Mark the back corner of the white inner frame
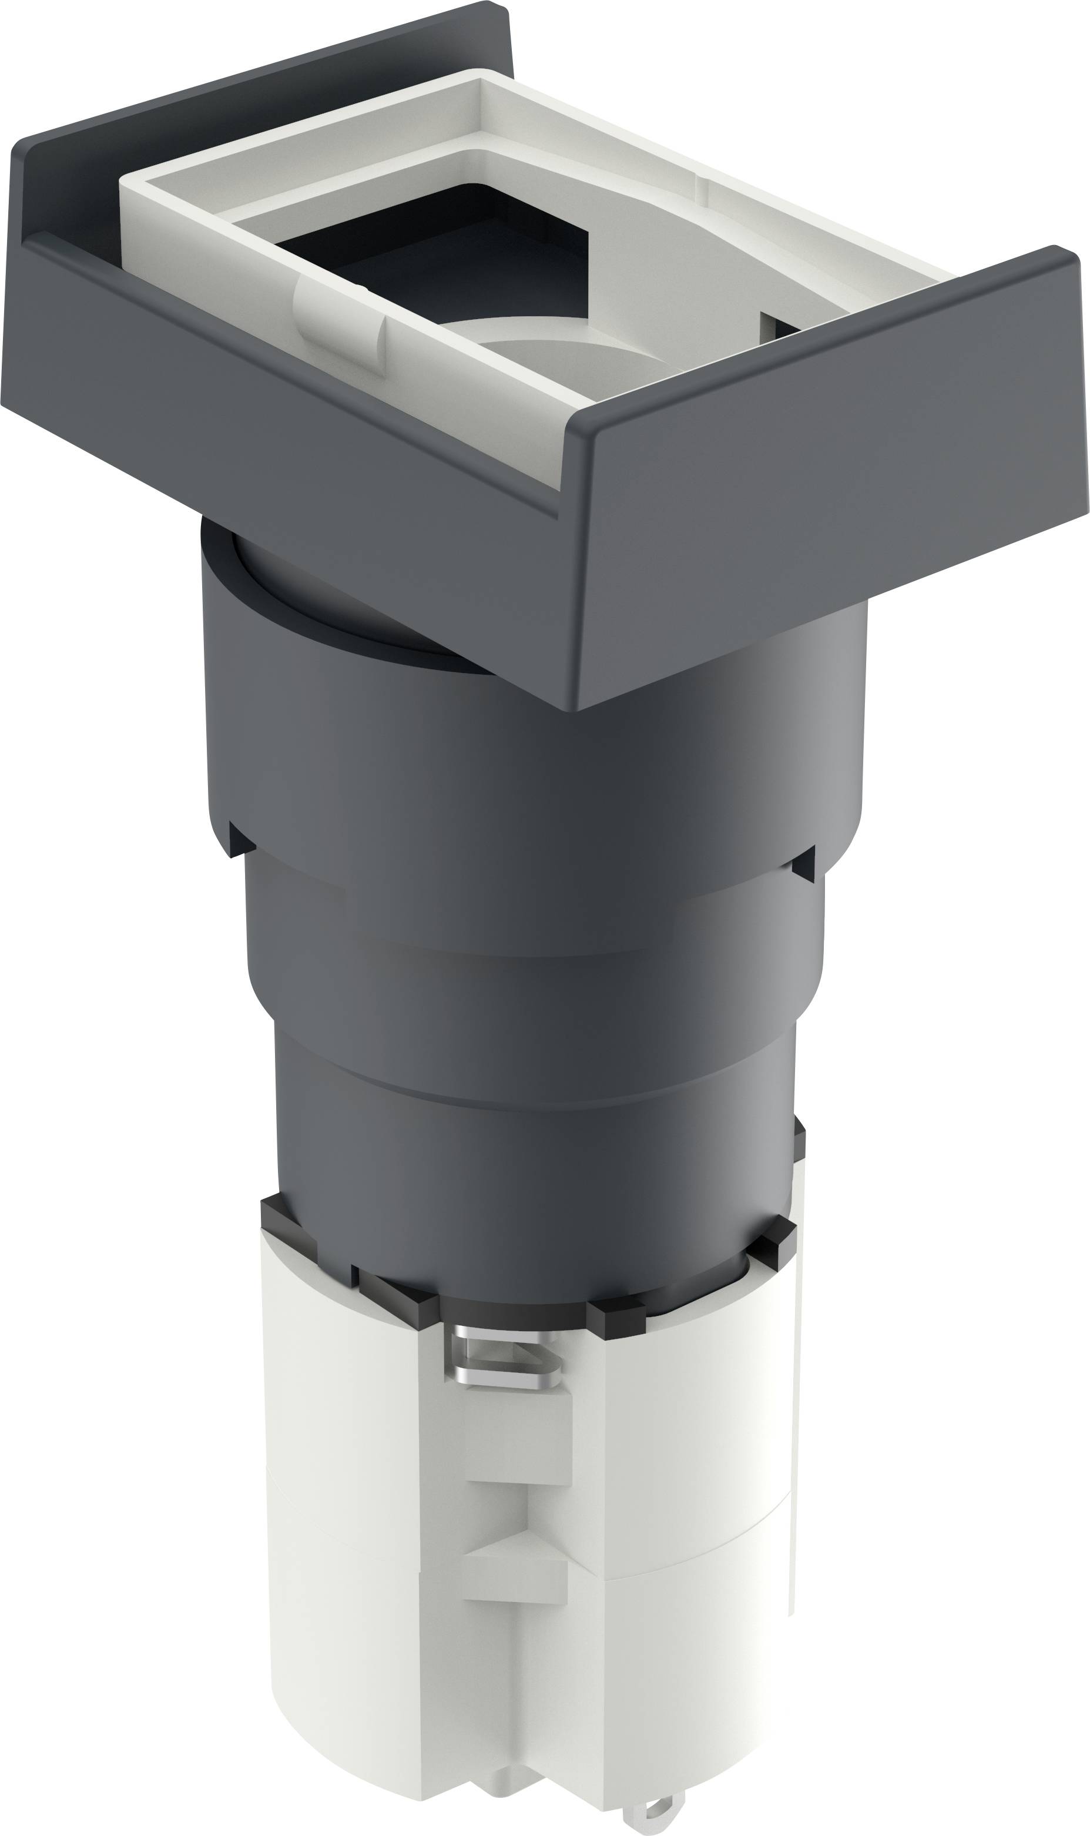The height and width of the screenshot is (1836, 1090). [x=481, y=81]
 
